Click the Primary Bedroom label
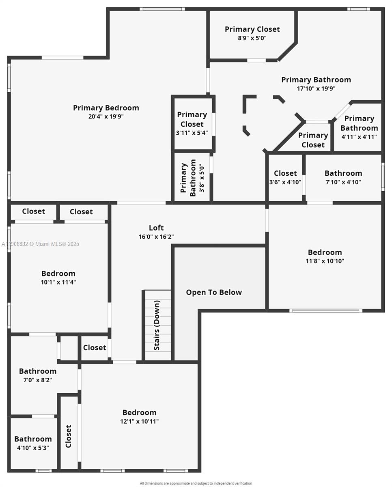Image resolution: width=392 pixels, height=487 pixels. point(106,108)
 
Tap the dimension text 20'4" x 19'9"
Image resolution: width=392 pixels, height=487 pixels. point(106,116)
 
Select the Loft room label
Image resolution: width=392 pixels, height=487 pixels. point(156,228)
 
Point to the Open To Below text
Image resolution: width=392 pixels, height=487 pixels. point(214,292)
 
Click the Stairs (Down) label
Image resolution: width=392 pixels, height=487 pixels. point(157,325)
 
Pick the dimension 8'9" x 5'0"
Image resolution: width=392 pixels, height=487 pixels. point(252,38)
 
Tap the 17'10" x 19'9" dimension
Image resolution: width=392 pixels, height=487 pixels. point(316,88)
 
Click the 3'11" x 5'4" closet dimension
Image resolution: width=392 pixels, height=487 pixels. point(192,133)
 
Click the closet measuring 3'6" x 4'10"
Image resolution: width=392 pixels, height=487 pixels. point(285,178)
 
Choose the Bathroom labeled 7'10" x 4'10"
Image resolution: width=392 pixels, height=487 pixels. point(343,178)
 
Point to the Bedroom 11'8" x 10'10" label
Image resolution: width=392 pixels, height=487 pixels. point(325,256)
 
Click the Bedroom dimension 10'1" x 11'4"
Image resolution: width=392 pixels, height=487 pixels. point(58,282)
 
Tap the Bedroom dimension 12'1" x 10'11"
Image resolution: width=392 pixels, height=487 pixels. point(139,422)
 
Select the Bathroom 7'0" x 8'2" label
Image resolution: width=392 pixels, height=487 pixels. point(38,375)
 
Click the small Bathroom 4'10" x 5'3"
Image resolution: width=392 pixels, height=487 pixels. point(33,443)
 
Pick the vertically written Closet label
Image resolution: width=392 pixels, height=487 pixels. point(69,437)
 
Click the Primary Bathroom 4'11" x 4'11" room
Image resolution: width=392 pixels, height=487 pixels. point(359,127)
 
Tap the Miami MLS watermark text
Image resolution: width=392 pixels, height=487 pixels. point(41,244)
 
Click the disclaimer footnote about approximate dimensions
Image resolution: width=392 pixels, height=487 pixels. point(196,483)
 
